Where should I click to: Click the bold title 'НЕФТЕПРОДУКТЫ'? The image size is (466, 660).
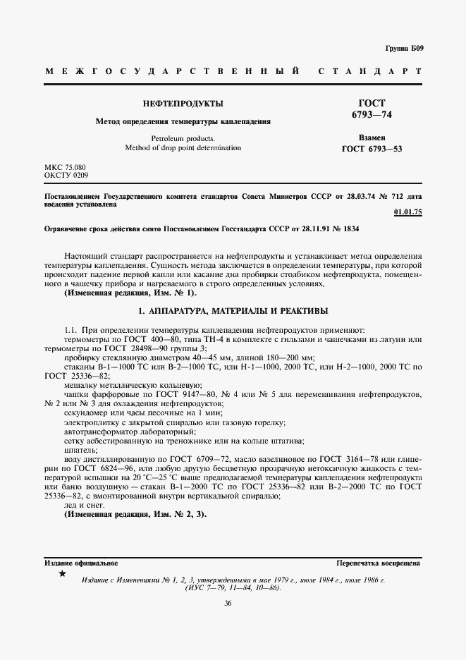(x=183, y=104)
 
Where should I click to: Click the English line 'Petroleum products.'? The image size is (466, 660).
(x=183, y=138)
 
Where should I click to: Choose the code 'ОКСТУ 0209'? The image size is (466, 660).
(x=66, y=174)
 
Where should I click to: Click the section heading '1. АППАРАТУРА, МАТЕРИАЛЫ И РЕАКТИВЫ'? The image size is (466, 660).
(x=233, y=310)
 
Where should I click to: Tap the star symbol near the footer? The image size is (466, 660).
(x=62, y=575)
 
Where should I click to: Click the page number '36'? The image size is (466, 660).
(x=228, y=603)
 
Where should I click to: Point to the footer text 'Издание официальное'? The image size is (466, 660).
(x=81, y=563)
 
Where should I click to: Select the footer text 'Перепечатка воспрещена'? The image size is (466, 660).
(x=379, y=563)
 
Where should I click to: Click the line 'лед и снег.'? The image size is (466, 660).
(x=84, y=505)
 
